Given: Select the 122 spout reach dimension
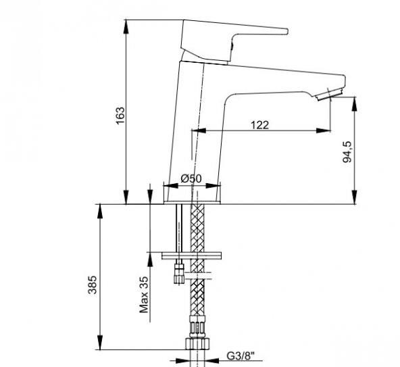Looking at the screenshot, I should tap(259, 124).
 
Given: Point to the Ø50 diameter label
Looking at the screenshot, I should tap(192, 179).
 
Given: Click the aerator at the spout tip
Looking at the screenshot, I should tap(330, 94).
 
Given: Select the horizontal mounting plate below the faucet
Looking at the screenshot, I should tap(192, 256).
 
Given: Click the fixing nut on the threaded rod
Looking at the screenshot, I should tap(179, 272).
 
